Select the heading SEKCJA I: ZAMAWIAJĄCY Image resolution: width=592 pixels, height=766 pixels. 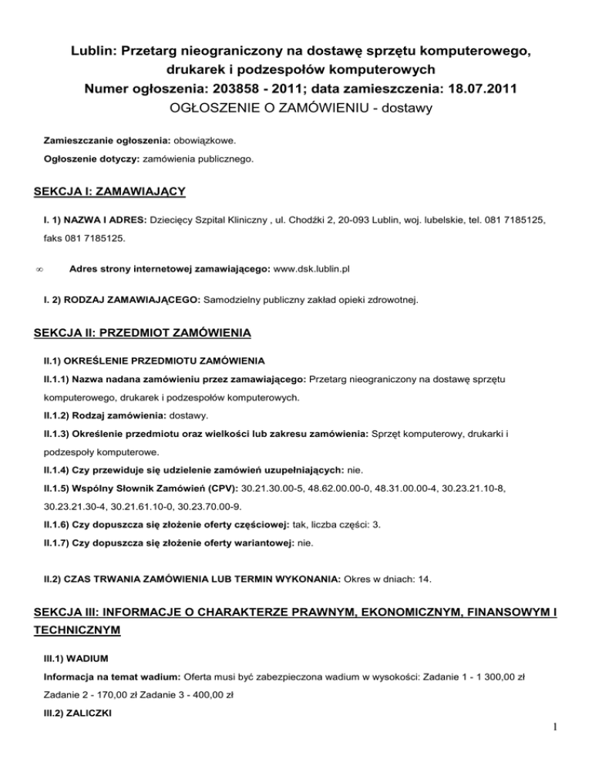pyautogui.click(x=110, y=189)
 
